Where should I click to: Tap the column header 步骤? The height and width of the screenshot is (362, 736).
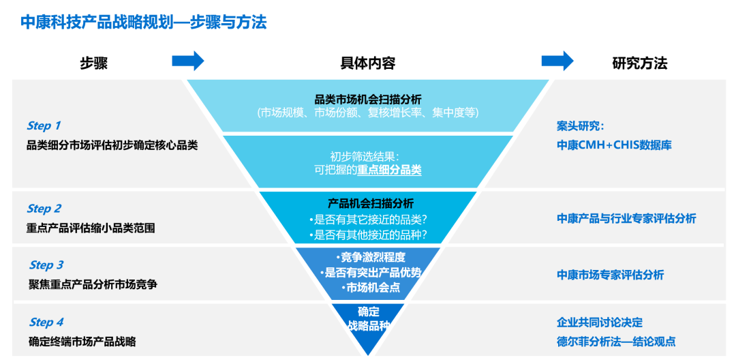coord(94,63)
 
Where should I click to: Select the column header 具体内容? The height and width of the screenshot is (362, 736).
coord(367,63)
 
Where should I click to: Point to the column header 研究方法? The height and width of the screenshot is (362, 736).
coord(639,63)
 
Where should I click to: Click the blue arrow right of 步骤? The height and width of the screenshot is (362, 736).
coord(187,61)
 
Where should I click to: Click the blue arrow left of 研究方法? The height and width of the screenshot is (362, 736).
coord(557,61)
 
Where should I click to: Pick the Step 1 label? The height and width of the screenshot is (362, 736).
coord(44,125)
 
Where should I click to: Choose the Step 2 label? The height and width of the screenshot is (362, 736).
coord(44,209)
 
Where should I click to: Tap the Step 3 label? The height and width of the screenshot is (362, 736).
coord(46,265)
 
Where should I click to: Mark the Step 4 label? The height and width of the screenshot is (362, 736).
coord(46,322)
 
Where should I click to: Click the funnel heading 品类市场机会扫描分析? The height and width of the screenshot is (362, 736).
coord(367,98)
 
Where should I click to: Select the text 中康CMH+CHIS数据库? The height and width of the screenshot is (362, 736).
coord(614,145)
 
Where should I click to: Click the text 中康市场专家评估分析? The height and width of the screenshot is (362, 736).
coord(610,275)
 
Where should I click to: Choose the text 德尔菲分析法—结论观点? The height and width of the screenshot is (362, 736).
coord(616,342)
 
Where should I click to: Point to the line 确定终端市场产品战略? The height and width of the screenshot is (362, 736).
coord(82,342)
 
